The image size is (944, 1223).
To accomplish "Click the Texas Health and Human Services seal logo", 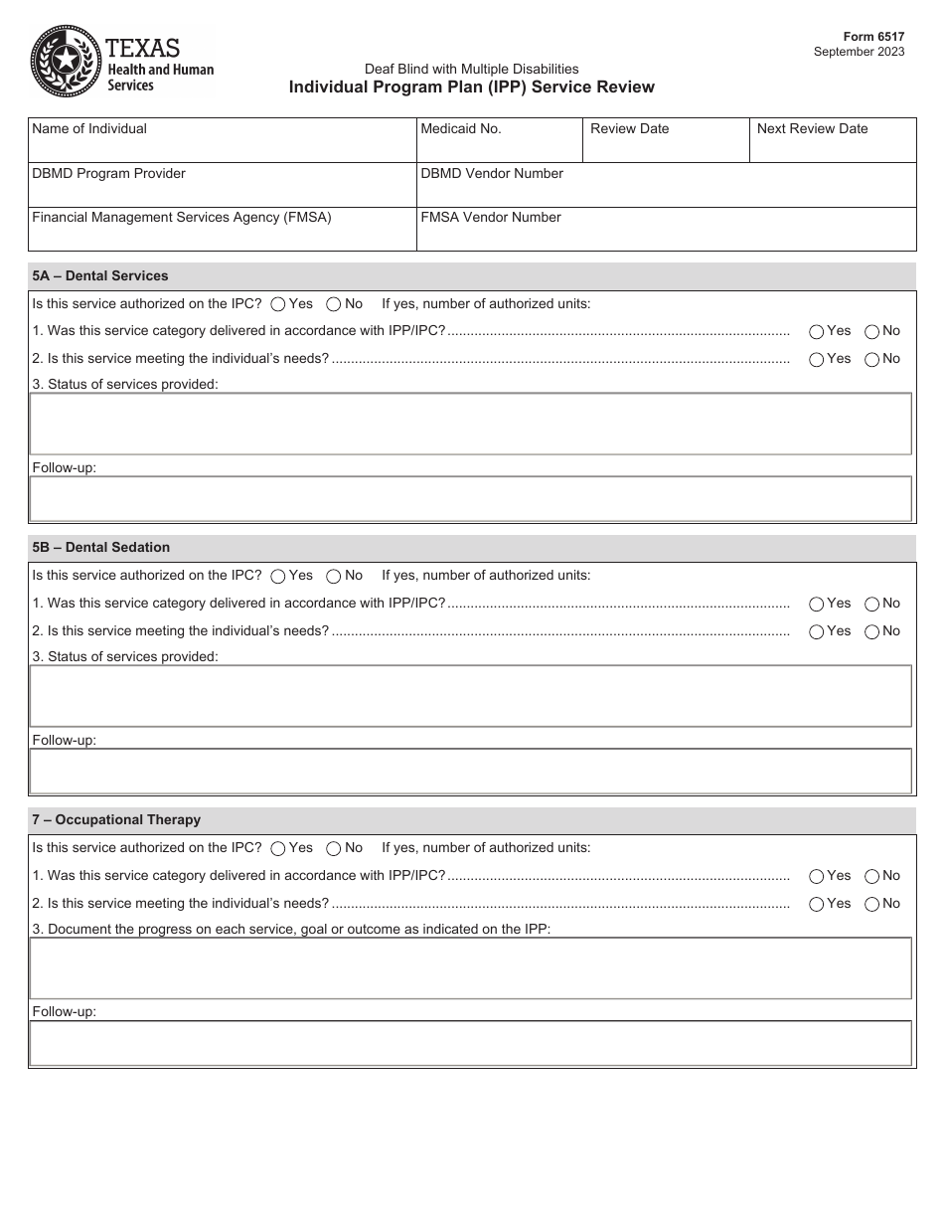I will (x=66, y=61).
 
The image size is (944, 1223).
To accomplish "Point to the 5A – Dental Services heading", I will (x=100, y=276).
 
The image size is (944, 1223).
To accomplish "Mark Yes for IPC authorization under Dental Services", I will (x=279, y=304).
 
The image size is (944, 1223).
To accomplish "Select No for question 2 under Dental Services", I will (x=872, y=359).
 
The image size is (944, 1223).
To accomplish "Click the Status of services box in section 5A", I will (x=470, y=424).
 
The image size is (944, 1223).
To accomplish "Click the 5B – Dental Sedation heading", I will (x=100, y=548).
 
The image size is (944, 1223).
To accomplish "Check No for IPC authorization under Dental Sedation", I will (x=334, y=576).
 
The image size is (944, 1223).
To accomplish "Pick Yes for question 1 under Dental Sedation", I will (x=817, y=604).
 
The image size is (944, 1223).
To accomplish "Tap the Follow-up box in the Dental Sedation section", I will (x=470, y=771).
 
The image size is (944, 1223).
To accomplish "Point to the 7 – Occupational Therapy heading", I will (x=116, y=820).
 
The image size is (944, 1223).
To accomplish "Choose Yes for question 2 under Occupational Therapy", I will (x=817, y=904).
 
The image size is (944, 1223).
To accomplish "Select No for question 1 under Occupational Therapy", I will (x=872, y=876).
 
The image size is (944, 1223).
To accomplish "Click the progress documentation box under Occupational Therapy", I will (x=470, y=967).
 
